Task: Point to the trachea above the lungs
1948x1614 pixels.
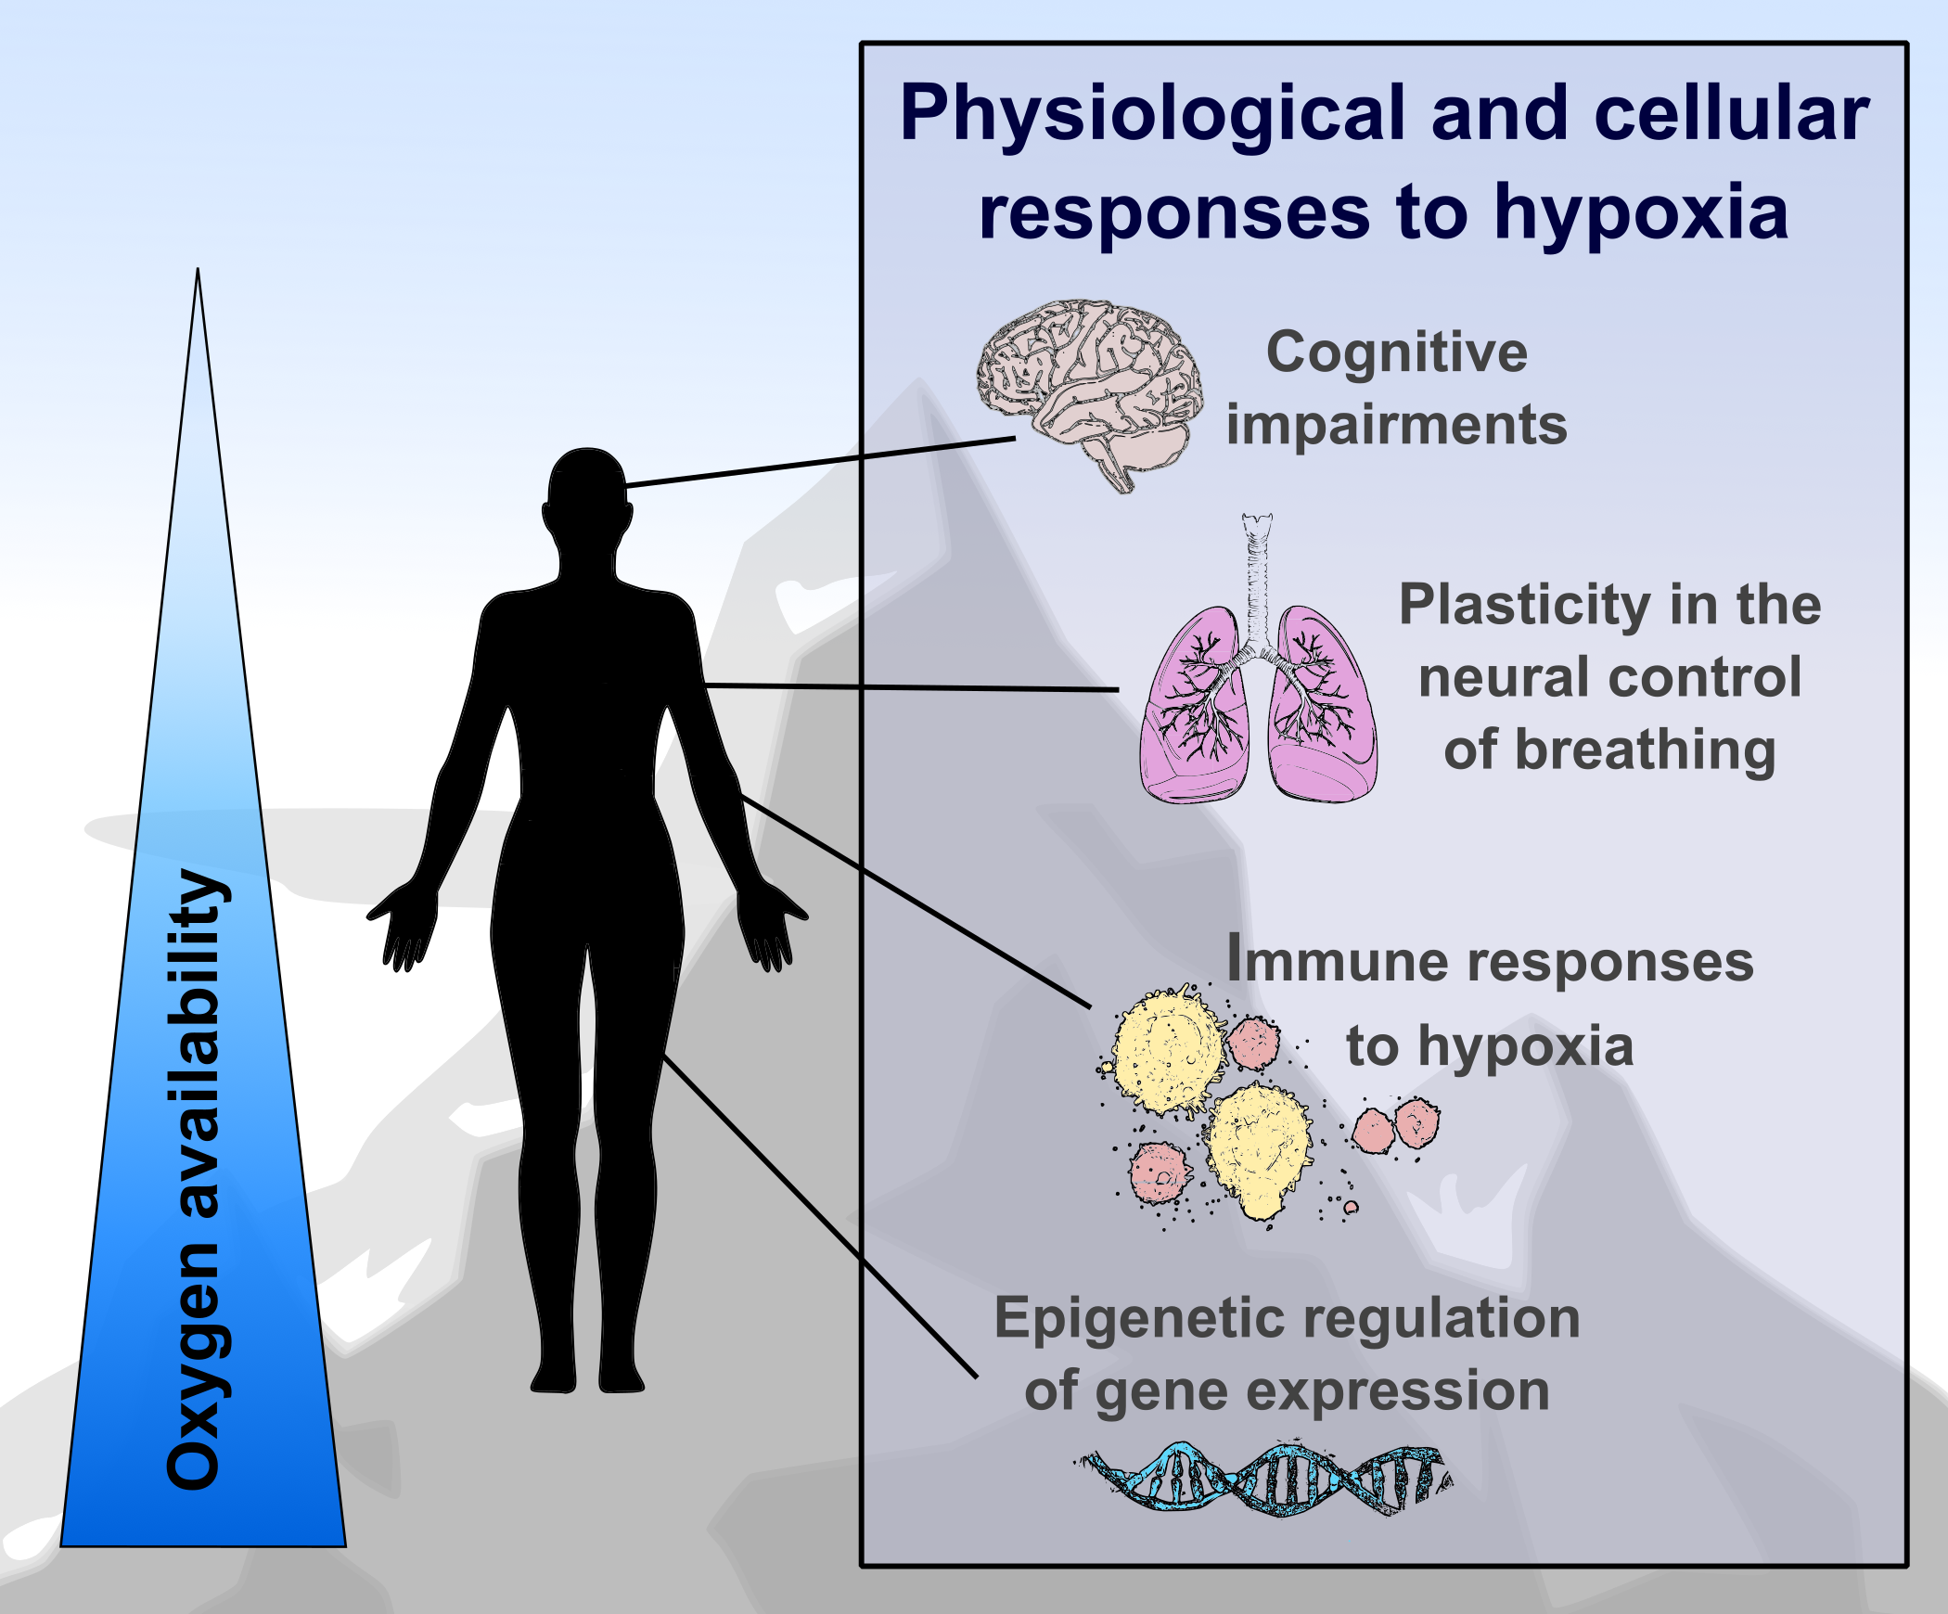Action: click(x=1257, y=575)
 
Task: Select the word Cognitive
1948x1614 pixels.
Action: click(x=1396, y=352)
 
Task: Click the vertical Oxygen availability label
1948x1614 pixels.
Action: click(x=195, y=1178)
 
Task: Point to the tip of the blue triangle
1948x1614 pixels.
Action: click(x=198, y=275)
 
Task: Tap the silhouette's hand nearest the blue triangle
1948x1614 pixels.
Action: click(x=404, y=928)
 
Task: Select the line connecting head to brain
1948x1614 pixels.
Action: click(x=821, y=462)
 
